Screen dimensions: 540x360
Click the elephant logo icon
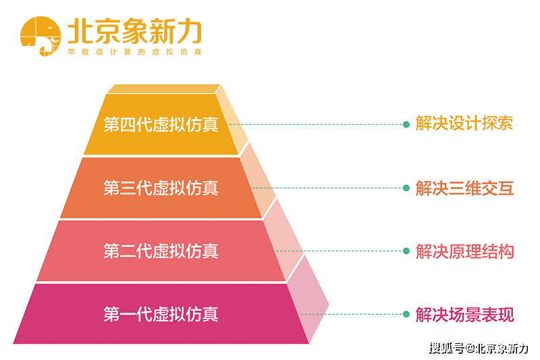click(x=40, y=36)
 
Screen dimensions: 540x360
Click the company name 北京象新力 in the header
click(x=134, y=31)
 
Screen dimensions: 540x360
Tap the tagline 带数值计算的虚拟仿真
click(x=134, y=52)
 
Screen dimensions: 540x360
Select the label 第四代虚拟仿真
click(x=161, y=124)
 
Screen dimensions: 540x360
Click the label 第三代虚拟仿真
click(x=161, y=188)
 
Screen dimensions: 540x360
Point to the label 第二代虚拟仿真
click(x=161, y=251)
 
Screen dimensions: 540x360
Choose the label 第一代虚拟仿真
click(x=161, y=314)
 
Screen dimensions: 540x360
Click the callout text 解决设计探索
click(x=464, y=124)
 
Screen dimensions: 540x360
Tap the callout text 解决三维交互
click(x=464, y=188)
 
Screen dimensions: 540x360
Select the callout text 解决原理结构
click(x=464, y=251)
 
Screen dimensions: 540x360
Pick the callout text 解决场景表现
click(x=464, y=315)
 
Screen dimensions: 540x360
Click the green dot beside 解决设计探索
click(x=406, y=124)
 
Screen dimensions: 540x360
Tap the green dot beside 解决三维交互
click(x=406, y=188)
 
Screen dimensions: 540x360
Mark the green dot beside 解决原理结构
click(x=406, y=251)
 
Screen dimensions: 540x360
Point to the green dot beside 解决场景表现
click(x=406, y=314)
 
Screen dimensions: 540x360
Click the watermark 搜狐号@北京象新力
click(x=479, y=349)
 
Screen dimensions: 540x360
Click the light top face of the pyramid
click(x=163, y=89)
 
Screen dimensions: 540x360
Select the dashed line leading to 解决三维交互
click(x=327, y=188)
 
